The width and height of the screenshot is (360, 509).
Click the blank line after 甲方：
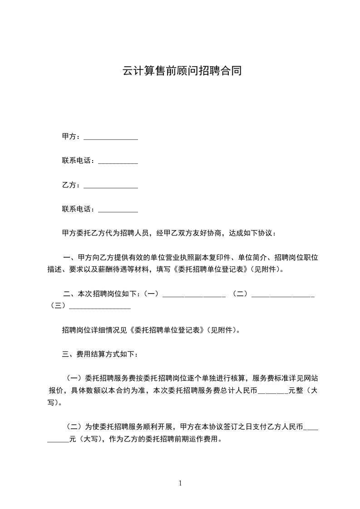111,137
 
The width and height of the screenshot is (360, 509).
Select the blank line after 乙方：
111,185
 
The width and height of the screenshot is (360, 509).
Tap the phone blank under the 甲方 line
118,161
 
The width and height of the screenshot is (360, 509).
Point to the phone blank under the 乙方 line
118,210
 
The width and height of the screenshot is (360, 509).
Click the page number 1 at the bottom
180,483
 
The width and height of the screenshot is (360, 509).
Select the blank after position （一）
194,294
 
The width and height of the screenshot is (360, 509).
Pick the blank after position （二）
283,294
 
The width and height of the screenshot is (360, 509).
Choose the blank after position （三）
99,306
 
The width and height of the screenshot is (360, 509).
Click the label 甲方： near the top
72,137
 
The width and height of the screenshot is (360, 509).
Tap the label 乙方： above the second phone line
72,185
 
